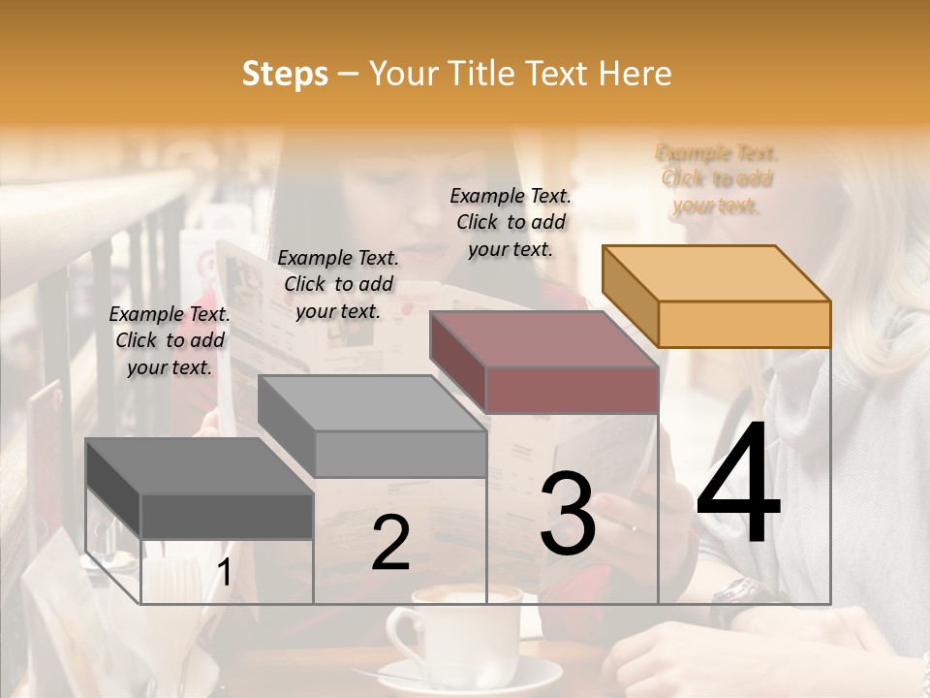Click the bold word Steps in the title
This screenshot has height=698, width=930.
pyautogui.click(x=284, y=74)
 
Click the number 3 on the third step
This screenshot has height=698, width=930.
pyautogui.click(x=568, y=514)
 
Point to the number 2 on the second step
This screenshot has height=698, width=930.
pyautogui.click(x=390, y=543)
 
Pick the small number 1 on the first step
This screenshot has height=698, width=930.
pyautogui.click(x=224, y=573)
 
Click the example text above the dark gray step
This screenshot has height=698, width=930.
pyautogui.click(x=170, y=340)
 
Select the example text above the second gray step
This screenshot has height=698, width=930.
pyautogui.click(x=338, y=284)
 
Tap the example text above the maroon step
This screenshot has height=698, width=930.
pyautogui.click(x=511, y=222)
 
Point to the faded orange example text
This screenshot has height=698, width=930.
pyautogui.click(x=717, y=178)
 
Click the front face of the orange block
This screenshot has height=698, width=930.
pyautogui.click(x=744, y=324)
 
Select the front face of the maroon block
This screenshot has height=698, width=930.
pyautogui.click(x=572, y=390)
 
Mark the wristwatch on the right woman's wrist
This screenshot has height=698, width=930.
pyautogui.click(x=738, y=592)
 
